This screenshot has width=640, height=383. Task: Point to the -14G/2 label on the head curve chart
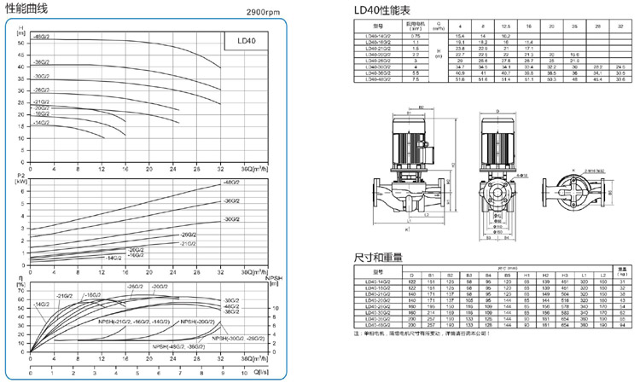(41, 123)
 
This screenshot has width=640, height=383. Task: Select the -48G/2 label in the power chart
(232, 183)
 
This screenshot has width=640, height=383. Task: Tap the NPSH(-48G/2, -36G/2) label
(179, 347)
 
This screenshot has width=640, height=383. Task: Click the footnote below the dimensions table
(430, 333)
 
